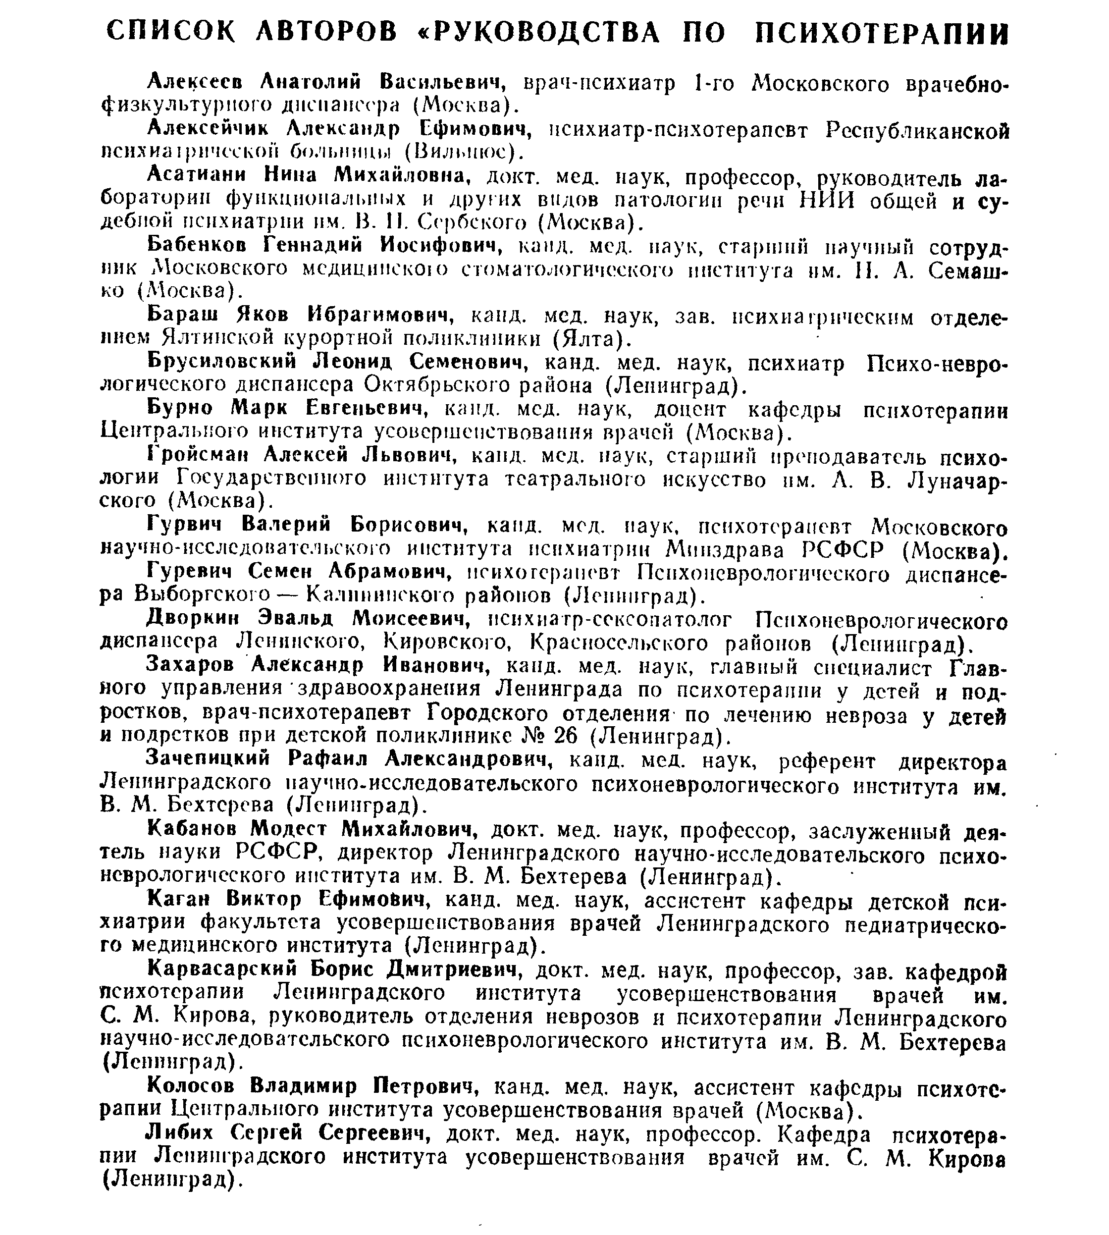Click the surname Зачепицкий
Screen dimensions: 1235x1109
(x=209, y=758)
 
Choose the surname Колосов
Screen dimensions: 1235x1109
(x=191, y=1086)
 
